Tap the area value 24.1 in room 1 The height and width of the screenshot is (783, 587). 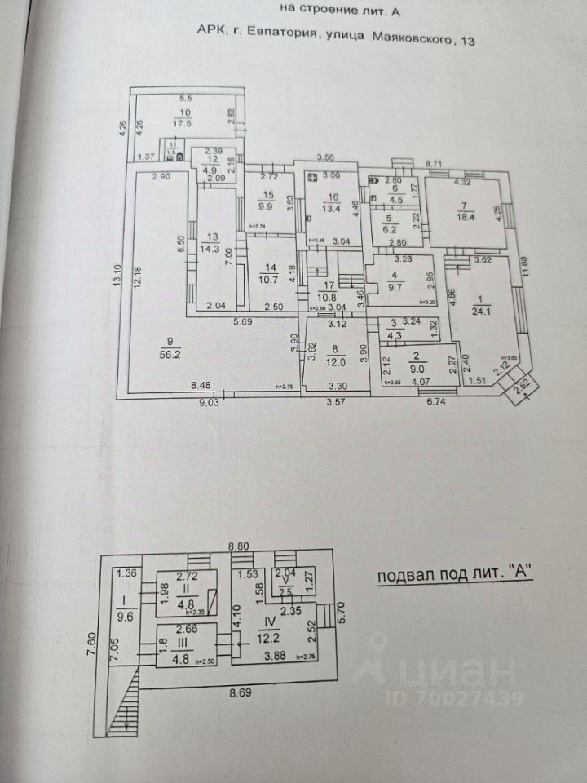479,310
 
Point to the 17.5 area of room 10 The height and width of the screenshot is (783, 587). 182,123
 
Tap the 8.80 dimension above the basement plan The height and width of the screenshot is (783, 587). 239,546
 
